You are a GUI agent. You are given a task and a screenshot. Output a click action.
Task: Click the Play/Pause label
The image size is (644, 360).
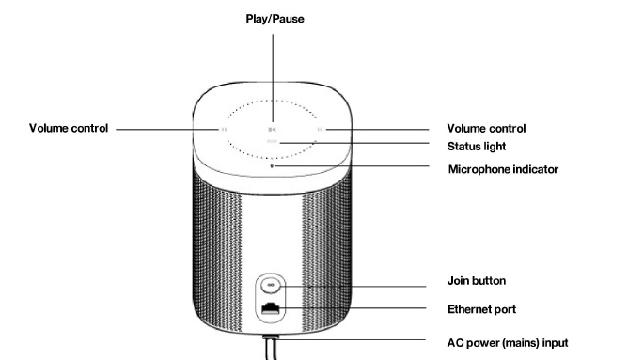(x=275, y=19)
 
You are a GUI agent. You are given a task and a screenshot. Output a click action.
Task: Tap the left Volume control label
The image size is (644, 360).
(x=69, y=128)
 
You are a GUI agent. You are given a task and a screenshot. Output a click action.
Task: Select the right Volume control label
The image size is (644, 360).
(x=486, y=129)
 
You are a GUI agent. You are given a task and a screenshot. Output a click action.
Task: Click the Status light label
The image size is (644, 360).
(x=477, y=147)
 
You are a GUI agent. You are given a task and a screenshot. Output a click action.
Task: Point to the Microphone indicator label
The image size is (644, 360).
(x=503, y=169)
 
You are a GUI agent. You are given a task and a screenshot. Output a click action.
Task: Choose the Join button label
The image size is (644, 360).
(x=477, y=281)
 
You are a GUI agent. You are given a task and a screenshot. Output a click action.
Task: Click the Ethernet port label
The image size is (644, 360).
(x=481, y=309)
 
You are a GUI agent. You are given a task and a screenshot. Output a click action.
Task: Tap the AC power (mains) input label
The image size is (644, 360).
(x=508, y=343)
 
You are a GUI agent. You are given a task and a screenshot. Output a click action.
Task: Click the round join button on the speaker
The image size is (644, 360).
(x=271, y=285)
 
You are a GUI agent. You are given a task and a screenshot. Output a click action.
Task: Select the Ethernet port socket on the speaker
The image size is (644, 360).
(x=271, y=308)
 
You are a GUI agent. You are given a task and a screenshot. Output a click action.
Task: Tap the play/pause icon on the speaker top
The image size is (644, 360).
(x=272, y=130)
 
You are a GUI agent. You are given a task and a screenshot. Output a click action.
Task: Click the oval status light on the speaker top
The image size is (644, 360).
(x=273, y=142)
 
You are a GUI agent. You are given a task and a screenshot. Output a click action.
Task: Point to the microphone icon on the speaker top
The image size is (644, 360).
(x=272, y=165)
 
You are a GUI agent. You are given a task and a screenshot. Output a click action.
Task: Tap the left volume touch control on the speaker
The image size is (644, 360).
(x=224, y=130)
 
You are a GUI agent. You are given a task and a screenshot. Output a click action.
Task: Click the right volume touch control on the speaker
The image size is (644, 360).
(x=320, y=130)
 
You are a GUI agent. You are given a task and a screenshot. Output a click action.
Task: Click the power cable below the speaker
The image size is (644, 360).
(x=271, y=348)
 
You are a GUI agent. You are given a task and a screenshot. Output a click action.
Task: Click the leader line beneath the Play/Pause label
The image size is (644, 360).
(x=273, y=78)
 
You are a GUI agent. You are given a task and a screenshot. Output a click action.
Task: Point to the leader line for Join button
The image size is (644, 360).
(x=353, y=287)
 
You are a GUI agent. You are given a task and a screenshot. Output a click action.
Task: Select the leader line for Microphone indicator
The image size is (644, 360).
(x=352, y=166)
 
